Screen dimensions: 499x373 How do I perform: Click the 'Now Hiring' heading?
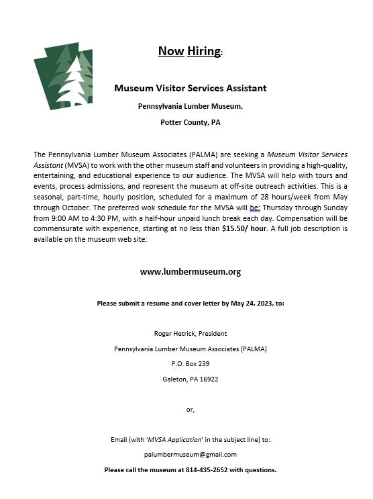(x=189, y=51)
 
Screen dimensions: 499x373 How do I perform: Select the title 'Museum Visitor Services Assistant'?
(x=190, y=88)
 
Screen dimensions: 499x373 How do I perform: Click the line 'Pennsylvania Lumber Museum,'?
(x=190, y=106)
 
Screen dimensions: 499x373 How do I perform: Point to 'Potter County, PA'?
(x=190, y=123)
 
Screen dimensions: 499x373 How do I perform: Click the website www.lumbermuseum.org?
(x=190, y=272)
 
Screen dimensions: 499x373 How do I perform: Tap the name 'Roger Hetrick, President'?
(x=191, y=333)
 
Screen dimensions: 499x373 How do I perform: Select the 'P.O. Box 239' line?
(x=191, y=364)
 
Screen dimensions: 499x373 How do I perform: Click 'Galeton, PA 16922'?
(x=191, y=379)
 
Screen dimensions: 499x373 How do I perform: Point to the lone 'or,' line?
(x=190, y=409)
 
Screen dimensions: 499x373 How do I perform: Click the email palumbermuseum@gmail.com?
(x=191, y=455)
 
